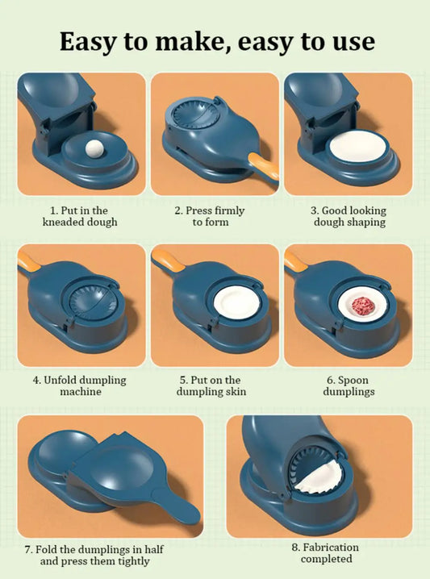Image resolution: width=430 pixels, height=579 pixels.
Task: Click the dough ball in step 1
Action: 94,149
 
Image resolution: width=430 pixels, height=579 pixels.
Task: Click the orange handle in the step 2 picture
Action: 264,166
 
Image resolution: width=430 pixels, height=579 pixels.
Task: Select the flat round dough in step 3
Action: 357,146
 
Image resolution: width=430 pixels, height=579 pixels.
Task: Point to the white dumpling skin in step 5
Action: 237,302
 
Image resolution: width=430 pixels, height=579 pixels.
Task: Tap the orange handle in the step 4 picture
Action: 26,260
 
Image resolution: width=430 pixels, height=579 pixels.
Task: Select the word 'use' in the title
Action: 353,43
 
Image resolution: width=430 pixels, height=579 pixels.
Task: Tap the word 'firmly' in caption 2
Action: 229,210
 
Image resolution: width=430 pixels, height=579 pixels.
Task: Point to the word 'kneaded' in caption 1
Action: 63,222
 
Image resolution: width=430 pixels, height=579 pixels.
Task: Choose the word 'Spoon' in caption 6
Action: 353,381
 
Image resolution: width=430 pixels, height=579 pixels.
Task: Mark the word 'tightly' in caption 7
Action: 134,561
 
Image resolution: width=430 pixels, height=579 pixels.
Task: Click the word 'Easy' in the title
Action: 88,42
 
